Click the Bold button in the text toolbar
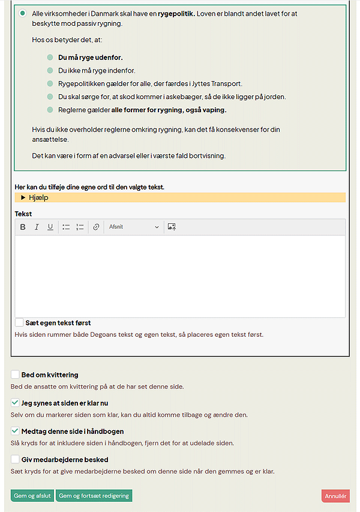[x=23, y=227]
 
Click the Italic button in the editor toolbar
[x=37, y=227]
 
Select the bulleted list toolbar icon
[x=66, y=227]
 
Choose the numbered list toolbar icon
[x=80, y=227]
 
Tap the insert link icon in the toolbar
[x=96, y=227]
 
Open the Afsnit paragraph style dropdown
[x=134, y=227]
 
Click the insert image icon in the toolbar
[x=172, y=227]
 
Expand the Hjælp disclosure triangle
[x=23, y=197]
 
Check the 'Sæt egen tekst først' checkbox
[x=20, y=322]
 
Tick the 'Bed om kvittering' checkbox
[x=15, y=375]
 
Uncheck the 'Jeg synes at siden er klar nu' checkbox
[x=15, y=403]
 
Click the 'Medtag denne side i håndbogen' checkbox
[x=15, y=431]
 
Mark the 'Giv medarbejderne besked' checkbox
[x=15, y=459]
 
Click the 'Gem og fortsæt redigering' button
[x=94, y=496]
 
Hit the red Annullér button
[x=335, y=496]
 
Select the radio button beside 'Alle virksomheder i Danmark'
[x=23, y=13]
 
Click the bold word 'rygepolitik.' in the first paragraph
[x=176, y=13]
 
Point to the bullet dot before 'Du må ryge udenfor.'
[x=50, y=58]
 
